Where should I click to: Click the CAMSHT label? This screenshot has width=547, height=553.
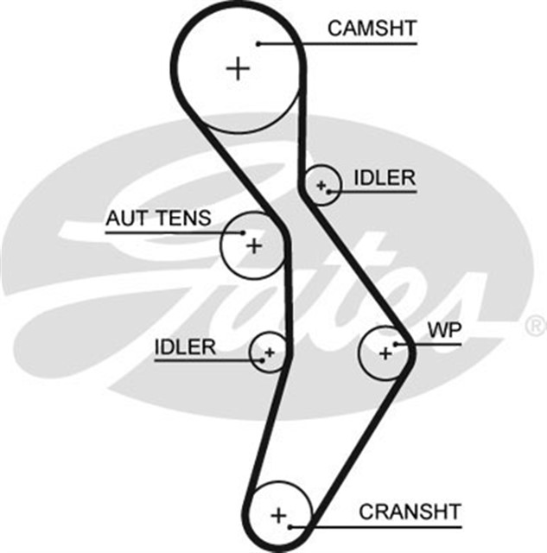[372, 28]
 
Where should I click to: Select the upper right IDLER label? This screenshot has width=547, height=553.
[384, 179]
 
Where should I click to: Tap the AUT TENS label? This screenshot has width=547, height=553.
[157, 218]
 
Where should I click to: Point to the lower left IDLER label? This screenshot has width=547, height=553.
[184, 347]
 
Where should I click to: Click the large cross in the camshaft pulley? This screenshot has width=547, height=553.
[237, 67]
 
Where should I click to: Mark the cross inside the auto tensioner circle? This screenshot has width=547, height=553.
[253, 246]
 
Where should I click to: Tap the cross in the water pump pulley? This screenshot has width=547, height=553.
[385, 352]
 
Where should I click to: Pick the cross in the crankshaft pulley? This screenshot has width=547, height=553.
[278, 515]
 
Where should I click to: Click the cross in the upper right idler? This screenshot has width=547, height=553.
[321, 185]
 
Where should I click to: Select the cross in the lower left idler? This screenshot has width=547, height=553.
[269, 352]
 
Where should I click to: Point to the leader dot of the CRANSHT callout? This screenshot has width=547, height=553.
[292, 524]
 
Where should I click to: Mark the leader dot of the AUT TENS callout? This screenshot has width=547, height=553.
[244, 232]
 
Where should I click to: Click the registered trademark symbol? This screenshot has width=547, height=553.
[535, 326]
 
